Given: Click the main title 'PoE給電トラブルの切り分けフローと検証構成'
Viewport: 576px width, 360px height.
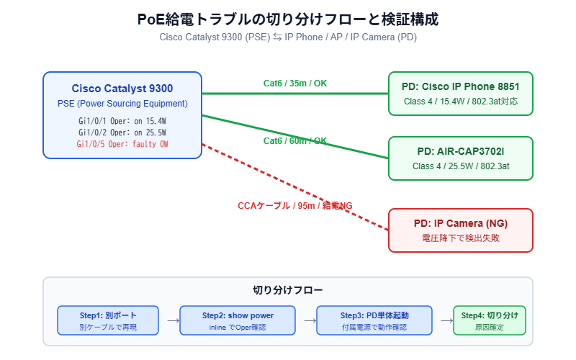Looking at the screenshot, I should point(288,19).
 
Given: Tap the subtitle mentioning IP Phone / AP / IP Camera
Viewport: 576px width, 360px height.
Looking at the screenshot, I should point(288,37).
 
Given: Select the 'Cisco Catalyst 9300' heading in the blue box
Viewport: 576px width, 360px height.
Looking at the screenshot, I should point(122,89).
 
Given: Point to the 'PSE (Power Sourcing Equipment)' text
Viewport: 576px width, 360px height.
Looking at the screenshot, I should point(122,104).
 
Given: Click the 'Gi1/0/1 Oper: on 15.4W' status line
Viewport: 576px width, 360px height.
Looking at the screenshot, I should point(122,121).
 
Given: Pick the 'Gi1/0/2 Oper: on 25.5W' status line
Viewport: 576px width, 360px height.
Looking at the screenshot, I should point(122,132).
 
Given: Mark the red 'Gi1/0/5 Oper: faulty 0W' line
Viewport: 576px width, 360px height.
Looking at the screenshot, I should point(122,144).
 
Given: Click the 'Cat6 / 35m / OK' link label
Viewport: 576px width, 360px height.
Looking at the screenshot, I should point(295,84).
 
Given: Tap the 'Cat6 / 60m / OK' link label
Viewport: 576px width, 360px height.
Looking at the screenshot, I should point(295,141).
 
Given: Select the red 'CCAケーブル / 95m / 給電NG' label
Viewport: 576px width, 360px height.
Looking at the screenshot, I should point(295,206).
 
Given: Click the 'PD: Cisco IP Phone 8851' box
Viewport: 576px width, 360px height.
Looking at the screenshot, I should point(461,94).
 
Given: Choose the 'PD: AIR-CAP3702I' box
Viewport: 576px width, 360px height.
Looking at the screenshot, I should point(461,158).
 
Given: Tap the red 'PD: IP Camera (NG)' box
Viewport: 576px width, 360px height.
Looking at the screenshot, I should point(461,230).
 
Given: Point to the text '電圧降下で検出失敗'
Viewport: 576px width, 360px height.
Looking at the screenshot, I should point(461,238).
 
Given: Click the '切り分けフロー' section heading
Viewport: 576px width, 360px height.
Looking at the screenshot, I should point(288,290).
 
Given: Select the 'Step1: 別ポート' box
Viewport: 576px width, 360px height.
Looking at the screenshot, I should point(108,320).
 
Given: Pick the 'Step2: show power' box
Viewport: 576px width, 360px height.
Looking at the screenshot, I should point(238,320).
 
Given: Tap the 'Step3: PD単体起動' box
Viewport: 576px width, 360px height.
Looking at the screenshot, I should point(374,320).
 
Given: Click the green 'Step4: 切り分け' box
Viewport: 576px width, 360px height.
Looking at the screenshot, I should point(490,320).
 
